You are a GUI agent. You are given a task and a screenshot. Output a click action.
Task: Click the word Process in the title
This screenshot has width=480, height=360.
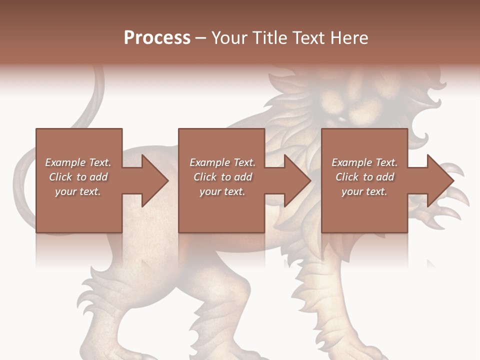coord(157,38)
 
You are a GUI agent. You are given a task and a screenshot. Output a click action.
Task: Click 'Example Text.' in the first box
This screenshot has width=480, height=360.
coord(78,162)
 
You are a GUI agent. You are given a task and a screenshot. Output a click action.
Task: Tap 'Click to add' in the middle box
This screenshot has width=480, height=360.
coord(222,177)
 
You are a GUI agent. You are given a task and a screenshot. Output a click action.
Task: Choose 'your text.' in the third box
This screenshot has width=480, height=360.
coord(364,191)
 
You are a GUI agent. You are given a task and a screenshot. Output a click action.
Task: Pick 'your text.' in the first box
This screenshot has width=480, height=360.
coord(78,191)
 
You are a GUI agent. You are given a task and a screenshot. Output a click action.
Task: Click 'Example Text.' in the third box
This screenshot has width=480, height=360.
coord(364,162)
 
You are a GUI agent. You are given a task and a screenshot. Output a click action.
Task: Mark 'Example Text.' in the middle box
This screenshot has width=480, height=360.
coord(222,162)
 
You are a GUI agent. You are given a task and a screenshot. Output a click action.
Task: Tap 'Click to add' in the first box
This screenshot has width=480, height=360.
coord(78,177)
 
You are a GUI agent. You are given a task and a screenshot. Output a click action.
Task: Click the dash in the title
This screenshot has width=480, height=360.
coord(200,38)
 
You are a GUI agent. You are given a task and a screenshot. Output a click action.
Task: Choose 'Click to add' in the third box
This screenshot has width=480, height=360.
coord(364,177)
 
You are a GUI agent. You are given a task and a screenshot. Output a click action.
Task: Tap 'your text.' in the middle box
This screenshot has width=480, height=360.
coord(222,191)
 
